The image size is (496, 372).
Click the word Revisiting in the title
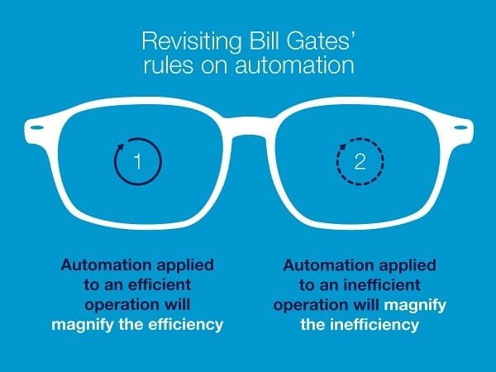192,41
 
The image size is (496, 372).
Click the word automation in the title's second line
294,65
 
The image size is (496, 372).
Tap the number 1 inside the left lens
137,161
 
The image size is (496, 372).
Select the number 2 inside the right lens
360,161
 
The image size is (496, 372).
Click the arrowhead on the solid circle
121,147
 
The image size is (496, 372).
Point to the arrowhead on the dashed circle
342,147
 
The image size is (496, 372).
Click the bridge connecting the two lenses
248,127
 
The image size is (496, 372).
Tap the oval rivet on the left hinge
37,127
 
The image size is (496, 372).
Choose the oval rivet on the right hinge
460,127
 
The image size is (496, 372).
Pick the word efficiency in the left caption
186,325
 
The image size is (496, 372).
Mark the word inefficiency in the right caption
374,325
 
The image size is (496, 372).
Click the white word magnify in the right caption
415,306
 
